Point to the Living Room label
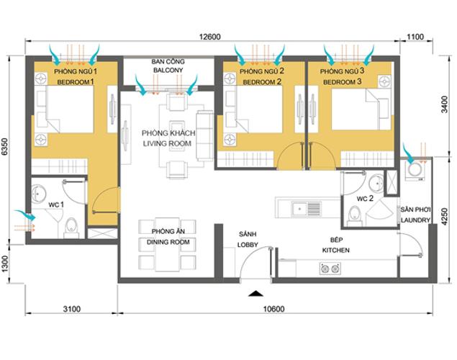(x=166, y=139)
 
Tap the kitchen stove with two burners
(x=330, y=269)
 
